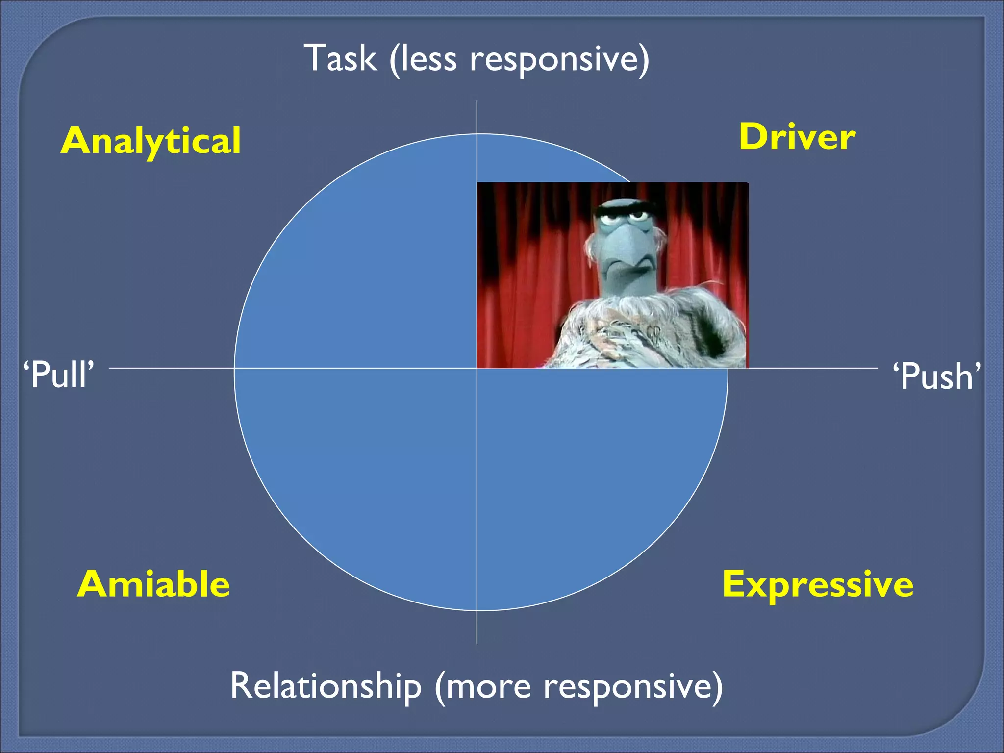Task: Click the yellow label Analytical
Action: click(151, 141)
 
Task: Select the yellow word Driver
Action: click(797, 137)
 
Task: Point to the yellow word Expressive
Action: click(818, 584)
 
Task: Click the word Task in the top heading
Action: click(340, 58)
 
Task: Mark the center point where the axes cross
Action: click(477, 368)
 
